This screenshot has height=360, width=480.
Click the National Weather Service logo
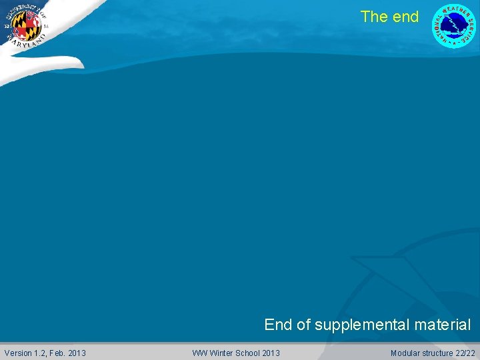[454, 25]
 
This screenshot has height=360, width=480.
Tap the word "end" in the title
[405, 17]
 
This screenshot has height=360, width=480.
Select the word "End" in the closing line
[278, 325]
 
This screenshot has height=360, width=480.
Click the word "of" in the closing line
[303, 325]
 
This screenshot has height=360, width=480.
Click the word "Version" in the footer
[18, 353]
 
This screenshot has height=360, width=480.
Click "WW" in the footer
[199, 353]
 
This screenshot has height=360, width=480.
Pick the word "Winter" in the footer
[221, 353]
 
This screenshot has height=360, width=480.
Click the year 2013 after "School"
[271, 353]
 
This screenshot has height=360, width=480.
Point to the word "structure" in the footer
[437, 353]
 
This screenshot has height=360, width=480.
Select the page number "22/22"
[465, 353]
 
